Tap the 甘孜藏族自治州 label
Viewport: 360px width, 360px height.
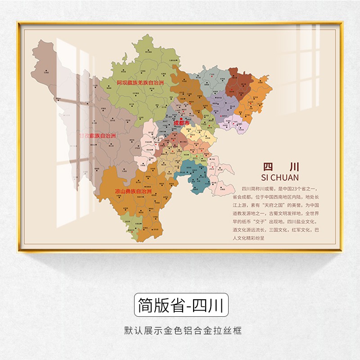click(x=98, y=135)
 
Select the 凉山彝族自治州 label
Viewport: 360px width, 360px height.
click(x=133, y=191)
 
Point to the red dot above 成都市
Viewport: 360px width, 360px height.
click(x=176, y=118)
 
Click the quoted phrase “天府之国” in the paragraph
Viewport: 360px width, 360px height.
click(x=279, y=205)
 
